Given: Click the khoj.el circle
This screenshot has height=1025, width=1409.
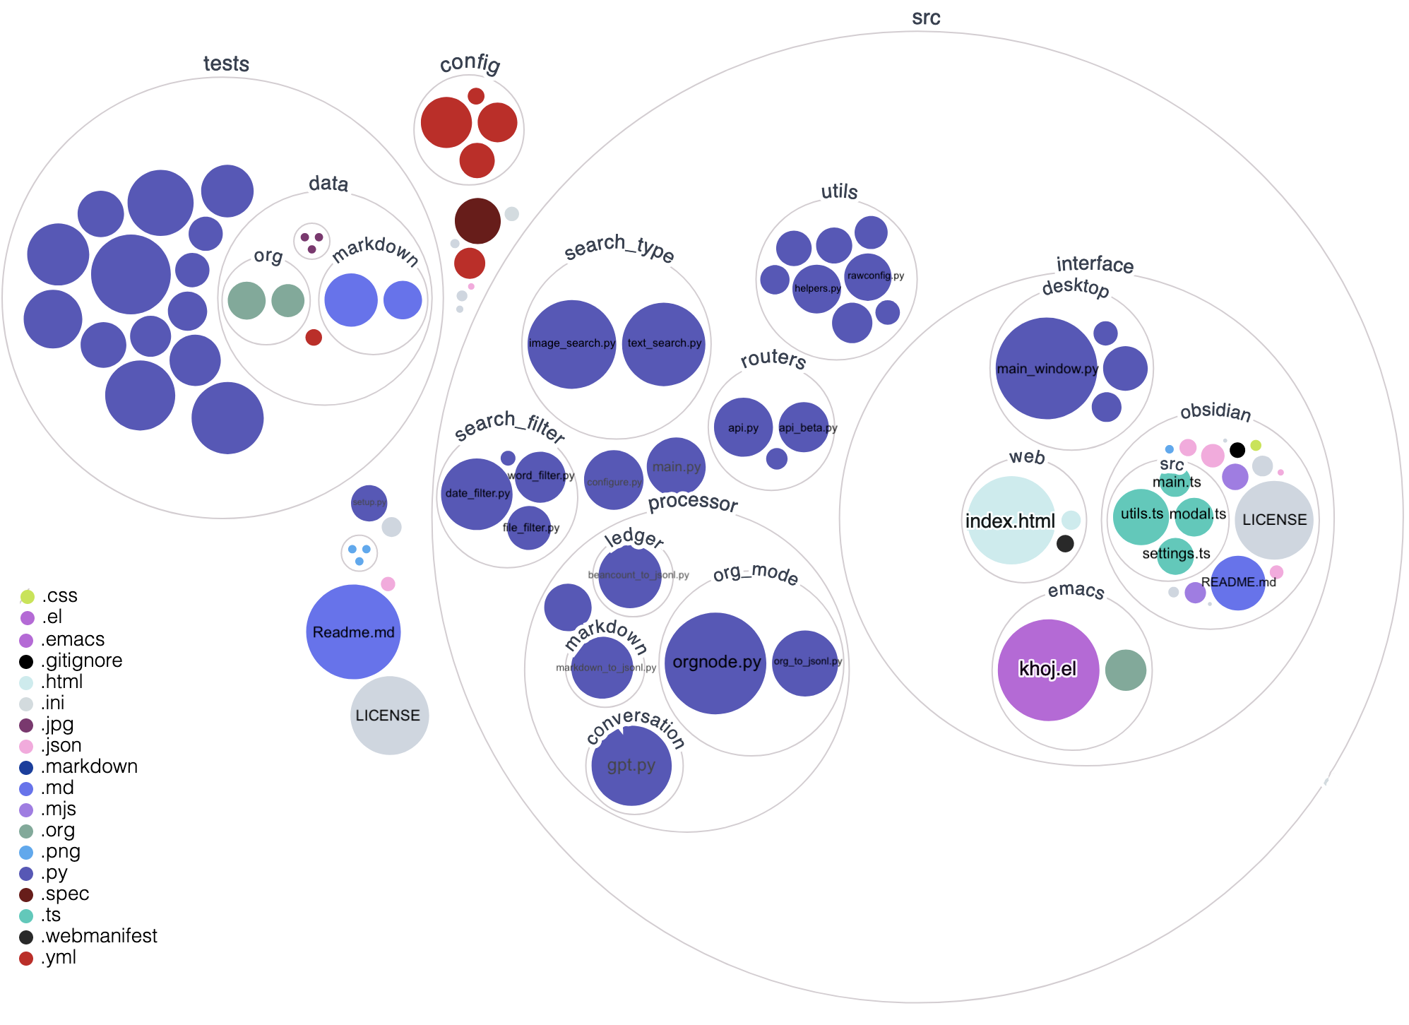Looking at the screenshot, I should click(1048, 670).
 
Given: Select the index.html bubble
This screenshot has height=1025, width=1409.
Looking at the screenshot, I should click(1011, 521).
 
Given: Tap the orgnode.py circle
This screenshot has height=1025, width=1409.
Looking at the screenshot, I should click(715, 663).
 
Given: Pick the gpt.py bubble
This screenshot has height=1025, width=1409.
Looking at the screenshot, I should click(631, 765).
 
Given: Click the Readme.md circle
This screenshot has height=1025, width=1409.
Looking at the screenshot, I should click(353, 632).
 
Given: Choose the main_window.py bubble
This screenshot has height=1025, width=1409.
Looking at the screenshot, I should click(1046, 368).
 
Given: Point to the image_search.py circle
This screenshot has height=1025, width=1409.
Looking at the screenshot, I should click(571, 343).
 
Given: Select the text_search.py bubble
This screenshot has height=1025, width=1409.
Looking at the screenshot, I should click(664, 344).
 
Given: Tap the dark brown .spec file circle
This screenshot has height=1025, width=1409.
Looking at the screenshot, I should click(477, 220).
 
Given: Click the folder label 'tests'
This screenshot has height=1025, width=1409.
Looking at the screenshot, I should click(226, 64).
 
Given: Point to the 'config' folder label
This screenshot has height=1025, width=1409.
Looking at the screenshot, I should click(470, 64).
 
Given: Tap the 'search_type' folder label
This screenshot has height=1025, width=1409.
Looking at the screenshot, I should click(619, 247).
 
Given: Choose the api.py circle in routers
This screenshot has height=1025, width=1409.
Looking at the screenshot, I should click(743, 427).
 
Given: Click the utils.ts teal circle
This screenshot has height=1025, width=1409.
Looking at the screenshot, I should click(1141, 516).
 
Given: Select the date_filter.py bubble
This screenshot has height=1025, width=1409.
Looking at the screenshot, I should click(477, 494).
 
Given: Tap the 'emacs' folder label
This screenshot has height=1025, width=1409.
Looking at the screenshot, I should click(1076, 590).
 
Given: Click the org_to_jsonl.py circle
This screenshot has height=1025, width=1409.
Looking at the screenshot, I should click(806, 663).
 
